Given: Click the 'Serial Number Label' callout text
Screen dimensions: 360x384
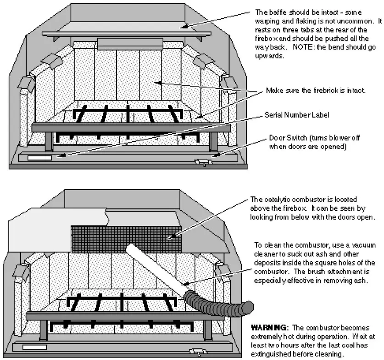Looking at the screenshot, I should point(296,114).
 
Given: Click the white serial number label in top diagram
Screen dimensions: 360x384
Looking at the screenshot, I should point(39,158).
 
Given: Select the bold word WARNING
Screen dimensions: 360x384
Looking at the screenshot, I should point(267,328).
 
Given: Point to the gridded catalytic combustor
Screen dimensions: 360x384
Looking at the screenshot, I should point(126,239).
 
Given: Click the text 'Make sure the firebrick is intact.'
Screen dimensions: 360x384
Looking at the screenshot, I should point(316,90).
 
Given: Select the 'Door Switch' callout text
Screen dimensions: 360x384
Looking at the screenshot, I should point(287,139).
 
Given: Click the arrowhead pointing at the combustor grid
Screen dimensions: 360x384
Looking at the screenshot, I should point(171,237).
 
